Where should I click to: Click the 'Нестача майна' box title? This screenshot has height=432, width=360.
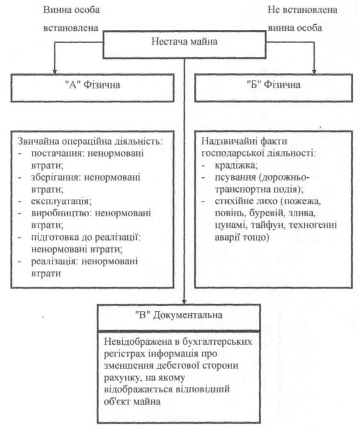(x=184, y=42)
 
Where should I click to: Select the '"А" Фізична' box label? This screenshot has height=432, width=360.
(x=93, y=85)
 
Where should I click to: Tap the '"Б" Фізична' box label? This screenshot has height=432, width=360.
(x=274, y=84)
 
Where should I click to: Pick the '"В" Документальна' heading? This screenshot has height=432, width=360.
(x=179, y=315)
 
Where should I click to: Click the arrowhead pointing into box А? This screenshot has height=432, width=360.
(x=54, y=71)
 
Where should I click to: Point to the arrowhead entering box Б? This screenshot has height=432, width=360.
(x=314, y=71)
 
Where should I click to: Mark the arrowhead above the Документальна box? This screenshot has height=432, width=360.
(x=184, y=301)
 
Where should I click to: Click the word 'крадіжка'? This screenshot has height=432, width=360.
(x=236, y=165)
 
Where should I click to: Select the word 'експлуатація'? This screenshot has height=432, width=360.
(x=61, y=202)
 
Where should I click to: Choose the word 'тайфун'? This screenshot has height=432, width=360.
(x=267, y=225)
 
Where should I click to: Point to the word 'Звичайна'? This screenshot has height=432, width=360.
(x=38, y=141)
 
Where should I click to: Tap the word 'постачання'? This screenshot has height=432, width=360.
(x=57, y=154)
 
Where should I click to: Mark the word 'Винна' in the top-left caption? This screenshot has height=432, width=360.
(x=56, y=10)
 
